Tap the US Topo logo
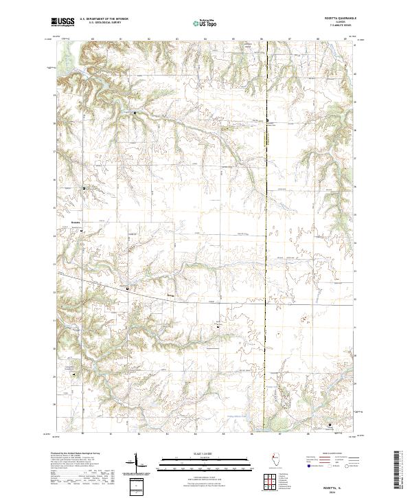pyautogui.click(x=205, y=22)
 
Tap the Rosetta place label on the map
pyautogui.click(x=76, y=223)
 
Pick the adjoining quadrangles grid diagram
pyautogui.click(x=270, y=483)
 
